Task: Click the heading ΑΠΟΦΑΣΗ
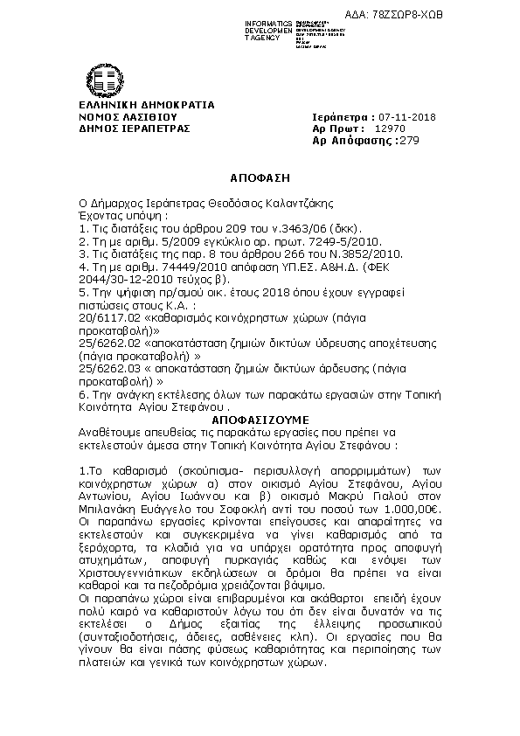click(x=260, y=177)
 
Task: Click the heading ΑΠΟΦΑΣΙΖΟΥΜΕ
click(x=260, y=420)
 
